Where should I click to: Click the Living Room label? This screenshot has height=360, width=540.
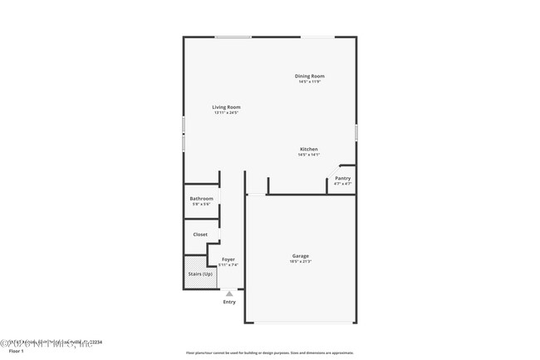pos(226,106)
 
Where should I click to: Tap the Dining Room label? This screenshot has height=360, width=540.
pos(309,76)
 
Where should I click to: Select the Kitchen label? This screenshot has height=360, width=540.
pos(309,150)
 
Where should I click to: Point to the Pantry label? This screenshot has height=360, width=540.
pos(342,178)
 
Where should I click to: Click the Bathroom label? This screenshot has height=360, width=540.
pos(202,199)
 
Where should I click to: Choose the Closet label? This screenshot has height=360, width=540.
pos(200,234)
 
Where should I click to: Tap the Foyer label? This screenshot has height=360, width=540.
pos(228,259)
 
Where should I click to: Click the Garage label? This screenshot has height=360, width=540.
pos(301,256)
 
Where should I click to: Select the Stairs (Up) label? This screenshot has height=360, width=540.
pos(201,274)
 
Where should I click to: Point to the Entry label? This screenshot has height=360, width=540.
pos(229,302)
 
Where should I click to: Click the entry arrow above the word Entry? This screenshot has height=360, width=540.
pos(229,293)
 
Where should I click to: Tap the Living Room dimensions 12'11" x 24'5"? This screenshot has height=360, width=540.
pos(226,112)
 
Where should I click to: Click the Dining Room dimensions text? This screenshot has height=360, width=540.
pos(309,81)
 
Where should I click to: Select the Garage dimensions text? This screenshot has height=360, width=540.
pos(301,262)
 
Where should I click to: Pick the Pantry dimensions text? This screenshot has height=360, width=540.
pos(342,183)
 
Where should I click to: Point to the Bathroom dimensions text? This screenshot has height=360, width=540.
pos(202,204)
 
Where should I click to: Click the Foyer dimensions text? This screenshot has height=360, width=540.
pos(228,264)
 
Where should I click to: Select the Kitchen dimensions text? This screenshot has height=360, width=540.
pos(309,155)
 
